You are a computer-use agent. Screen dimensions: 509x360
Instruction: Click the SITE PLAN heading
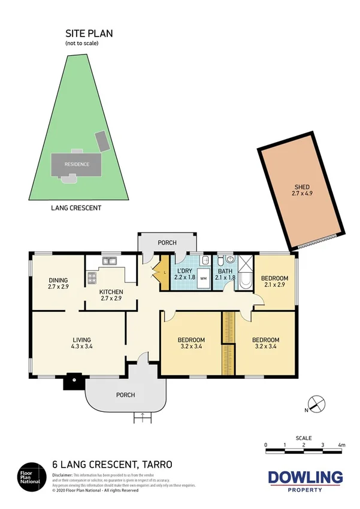89,34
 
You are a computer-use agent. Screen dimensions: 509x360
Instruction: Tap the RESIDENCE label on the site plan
77,164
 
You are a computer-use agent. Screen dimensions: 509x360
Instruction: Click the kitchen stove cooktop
93,278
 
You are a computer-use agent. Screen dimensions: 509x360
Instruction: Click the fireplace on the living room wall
74,380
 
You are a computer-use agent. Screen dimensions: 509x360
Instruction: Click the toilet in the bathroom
221,261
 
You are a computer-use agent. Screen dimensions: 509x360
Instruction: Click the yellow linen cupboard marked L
165,275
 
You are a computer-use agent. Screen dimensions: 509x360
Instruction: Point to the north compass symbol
316,405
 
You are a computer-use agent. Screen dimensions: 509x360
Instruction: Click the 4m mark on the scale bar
341,445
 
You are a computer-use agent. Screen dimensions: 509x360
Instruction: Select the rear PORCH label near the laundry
167,243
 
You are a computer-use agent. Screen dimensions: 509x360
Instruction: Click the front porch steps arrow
142,415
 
